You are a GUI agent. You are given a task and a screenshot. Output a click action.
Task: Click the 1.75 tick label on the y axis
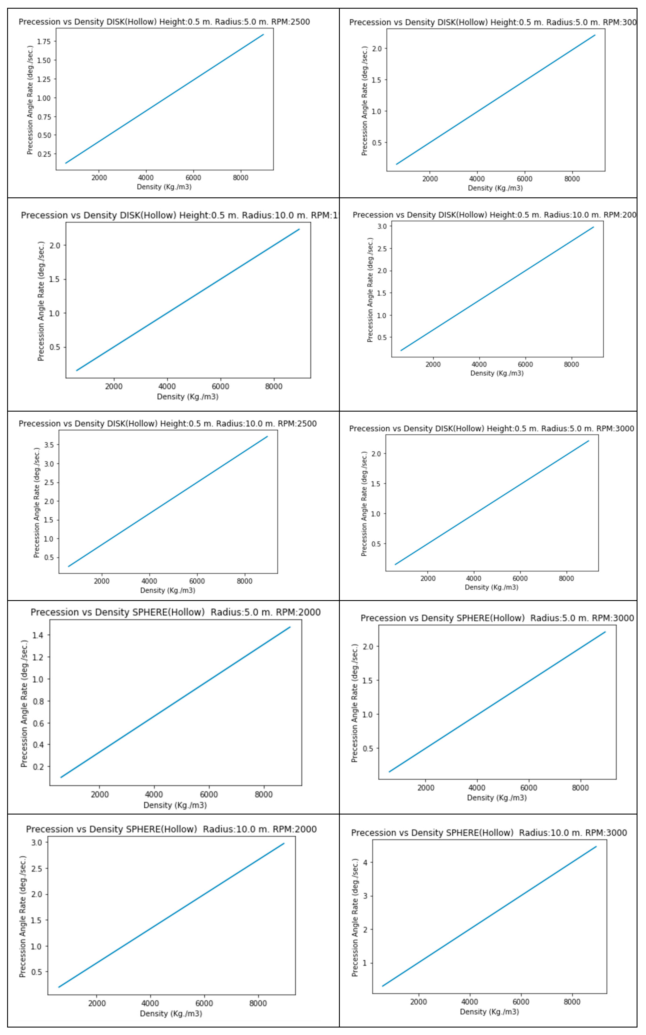tap(44, 42)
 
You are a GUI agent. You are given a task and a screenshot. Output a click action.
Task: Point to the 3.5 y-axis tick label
tap(49, 445)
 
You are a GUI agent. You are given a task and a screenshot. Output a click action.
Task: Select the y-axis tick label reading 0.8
tap(38, 701)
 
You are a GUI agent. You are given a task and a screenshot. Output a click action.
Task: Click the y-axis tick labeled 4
tap(365, 862)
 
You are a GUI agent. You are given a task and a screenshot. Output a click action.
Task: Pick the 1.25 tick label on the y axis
tap(44, 79)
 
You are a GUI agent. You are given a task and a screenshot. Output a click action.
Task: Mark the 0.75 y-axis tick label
tap(44, 117)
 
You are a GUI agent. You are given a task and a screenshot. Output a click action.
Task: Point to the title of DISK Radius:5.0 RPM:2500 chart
tap(164, 22)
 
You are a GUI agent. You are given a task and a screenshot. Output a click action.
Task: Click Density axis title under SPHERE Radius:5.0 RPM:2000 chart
tap(175, 805)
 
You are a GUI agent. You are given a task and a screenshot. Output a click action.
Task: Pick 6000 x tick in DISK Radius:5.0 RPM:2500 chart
tap(193, 178)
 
